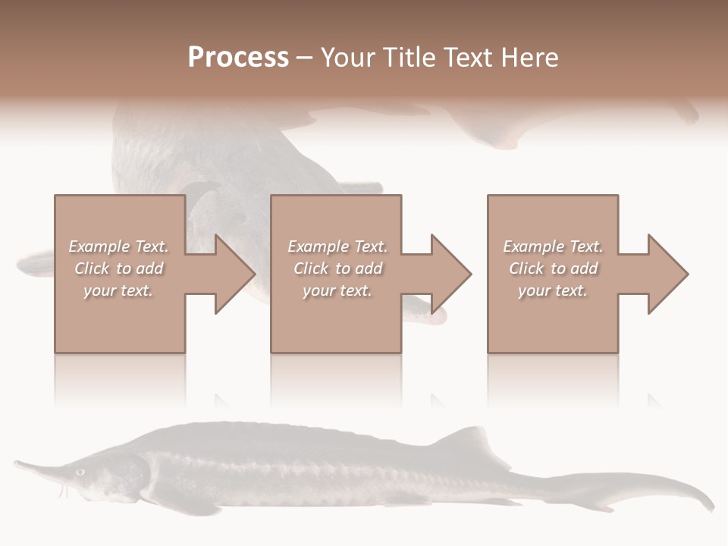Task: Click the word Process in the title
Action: click(238, 58)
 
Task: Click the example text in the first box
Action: click(118, 268)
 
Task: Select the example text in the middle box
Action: click(337, 268)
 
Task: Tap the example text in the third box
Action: click(553, 268)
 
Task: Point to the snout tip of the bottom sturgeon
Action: click(17, 462)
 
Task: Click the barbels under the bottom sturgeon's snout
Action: click(64, 491)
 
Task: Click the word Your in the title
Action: click(347, 58)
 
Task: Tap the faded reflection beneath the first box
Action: click(120, 379)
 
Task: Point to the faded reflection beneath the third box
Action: click(553, 379)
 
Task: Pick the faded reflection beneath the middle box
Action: click(337, 379)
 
